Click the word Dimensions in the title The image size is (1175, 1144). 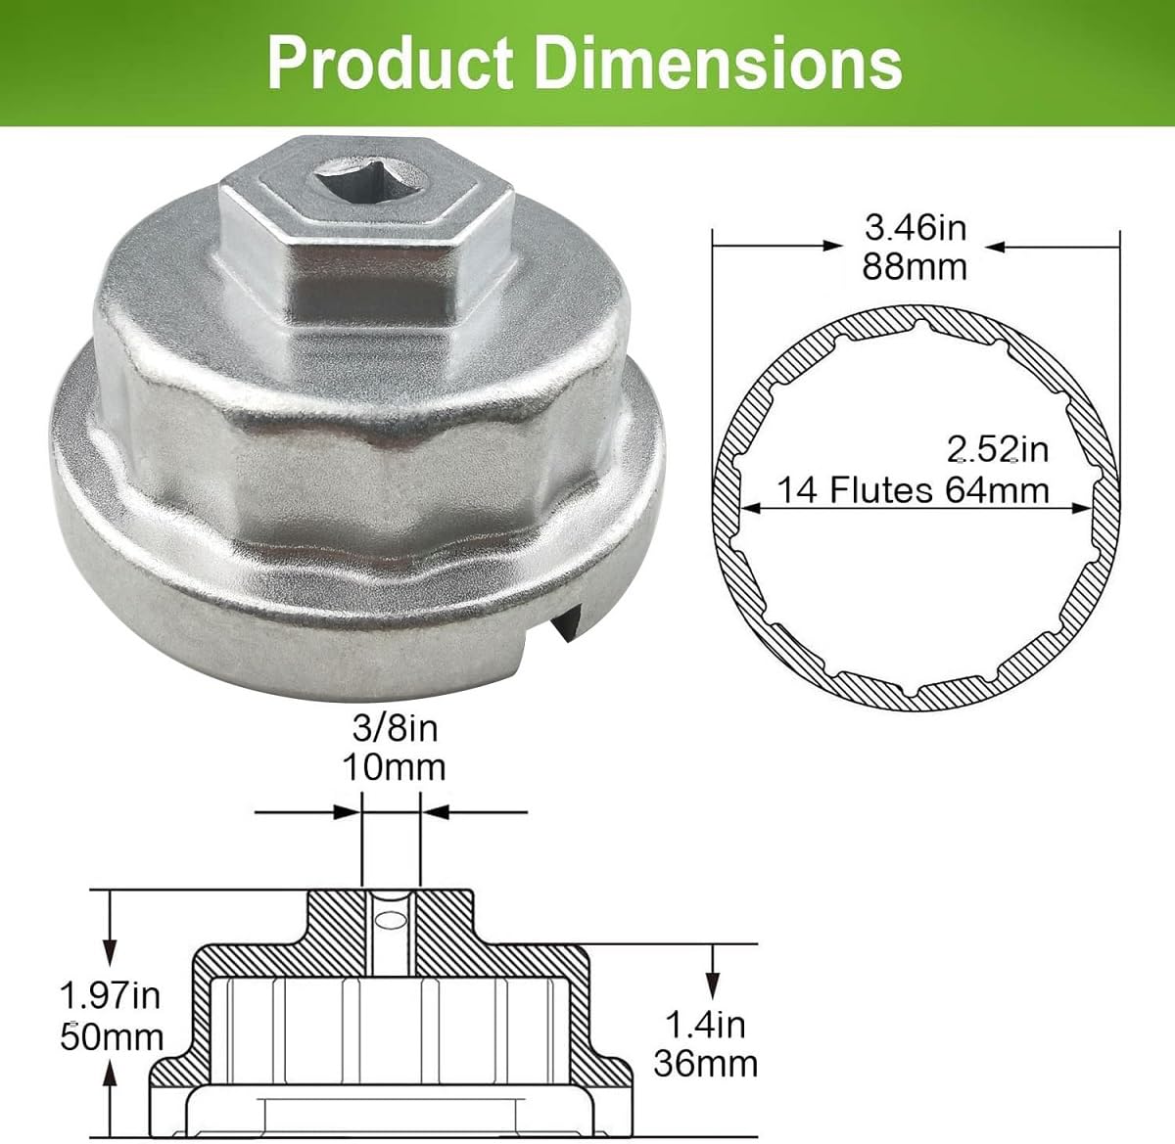pos(718,63)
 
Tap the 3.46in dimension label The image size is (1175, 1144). pos(916,228)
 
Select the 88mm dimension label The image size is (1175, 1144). pos(915,267)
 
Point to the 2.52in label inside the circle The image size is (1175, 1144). pos(998,449)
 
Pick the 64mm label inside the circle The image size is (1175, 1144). pos(997,489)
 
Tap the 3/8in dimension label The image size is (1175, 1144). pos(395,728)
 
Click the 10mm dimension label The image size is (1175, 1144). pos(395,767)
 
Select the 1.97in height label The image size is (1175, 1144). pos(110,995)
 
